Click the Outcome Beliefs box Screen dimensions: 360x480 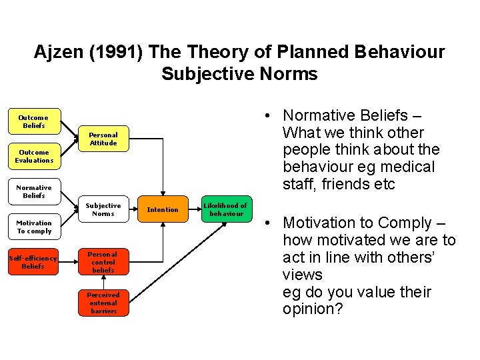click(34, 121)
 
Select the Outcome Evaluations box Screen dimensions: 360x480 click(34, 157)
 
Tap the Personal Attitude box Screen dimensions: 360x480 click(103, 139)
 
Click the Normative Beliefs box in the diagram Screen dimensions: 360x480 click(34, 192)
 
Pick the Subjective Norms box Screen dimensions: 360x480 click(103, 209)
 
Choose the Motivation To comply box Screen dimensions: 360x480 click(34, 227)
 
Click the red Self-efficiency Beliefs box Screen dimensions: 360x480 click(33, 262)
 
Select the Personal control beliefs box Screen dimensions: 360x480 click(103, 262)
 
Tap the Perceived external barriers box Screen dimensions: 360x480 click(103, 303)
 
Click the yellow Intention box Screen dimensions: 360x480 click(163, 209)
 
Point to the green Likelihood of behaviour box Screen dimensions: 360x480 click(225, 209)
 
